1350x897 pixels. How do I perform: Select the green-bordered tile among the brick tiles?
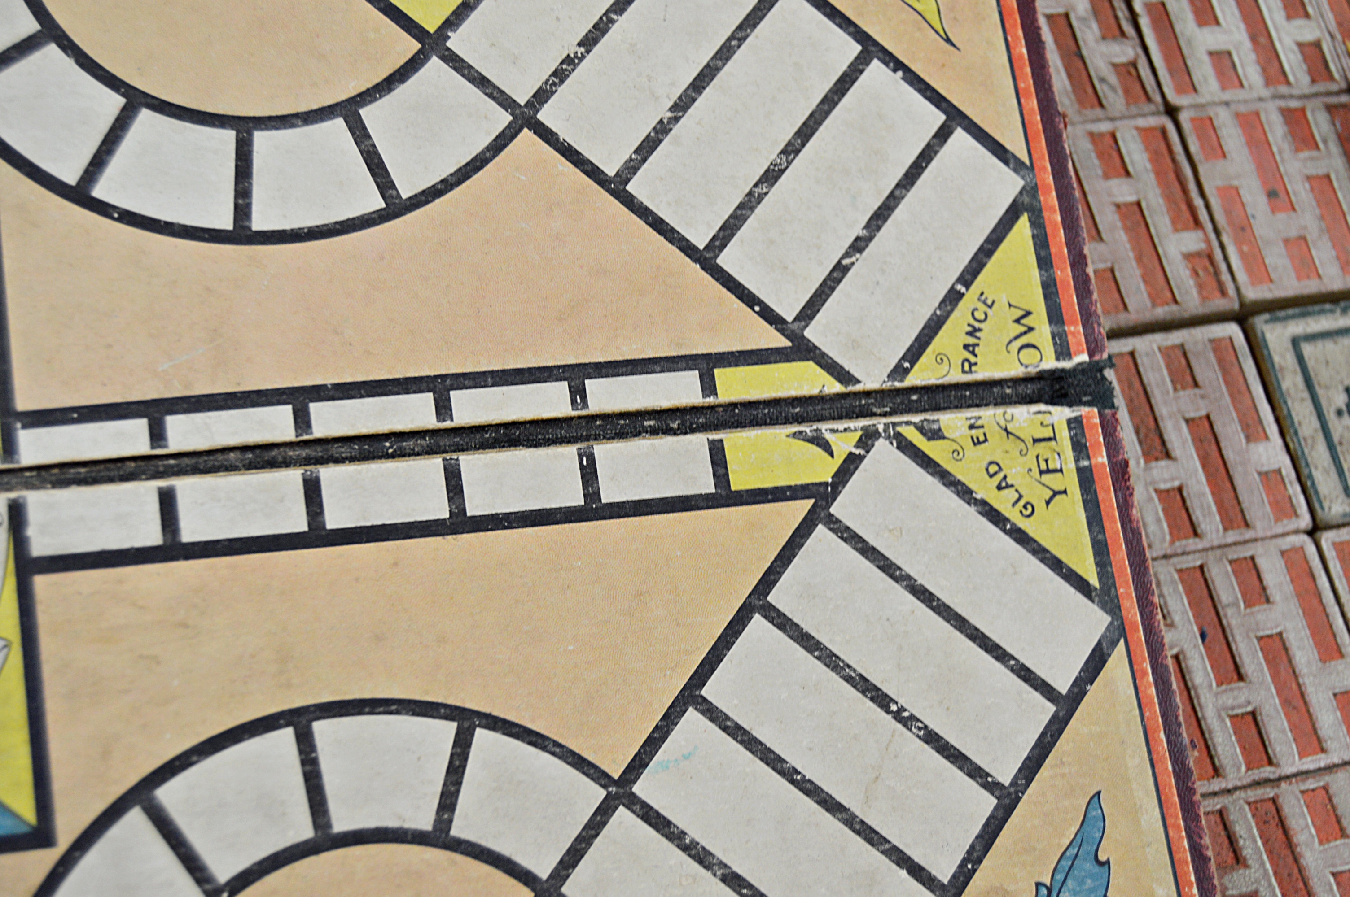click(1311, 412)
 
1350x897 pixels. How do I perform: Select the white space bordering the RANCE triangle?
click(910, 257)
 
